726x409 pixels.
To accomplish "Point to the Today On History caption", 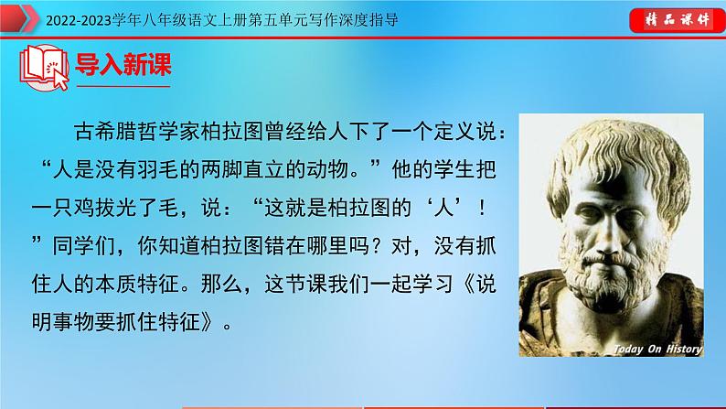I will pos(657,349).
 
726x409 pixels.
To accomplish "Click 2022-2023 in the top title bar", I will pos(43,18).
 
